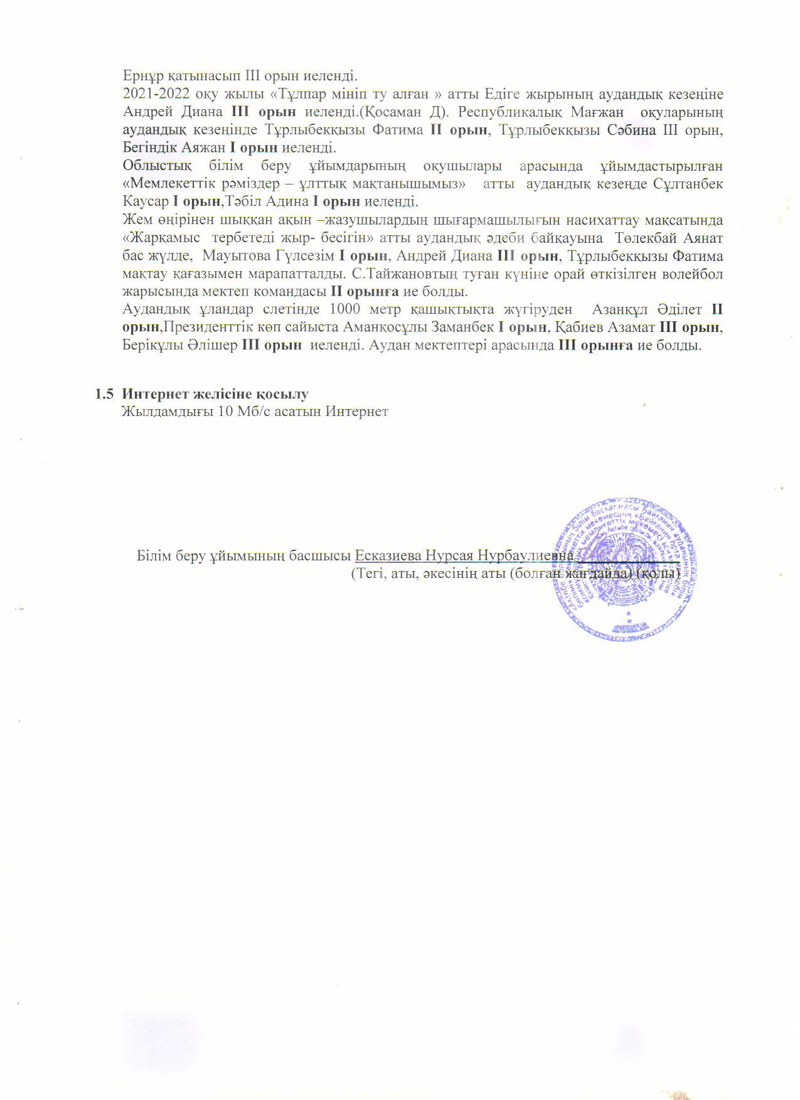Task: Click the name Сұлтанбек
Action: [689, 184]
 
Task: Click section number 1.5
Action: [104, 394]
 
